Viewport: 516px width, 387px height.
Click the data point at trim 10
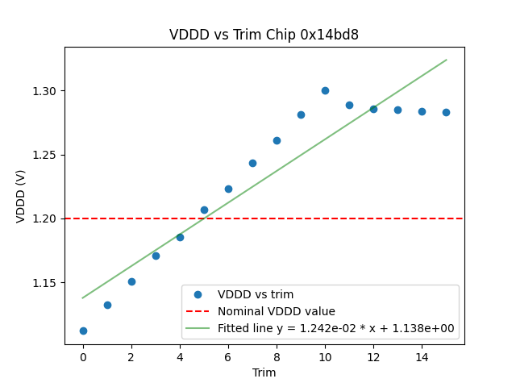325,90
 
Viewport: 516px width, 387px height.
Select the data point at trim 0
83,331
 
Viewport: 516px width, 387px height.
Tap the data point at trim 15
446,112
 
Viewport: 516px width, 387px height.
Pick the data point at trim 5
204,210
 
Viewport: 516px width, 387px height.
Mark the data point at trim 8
277,140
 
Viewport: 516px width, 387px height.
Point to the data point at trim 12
373,109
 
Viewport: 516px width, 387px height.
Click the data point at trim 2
131,281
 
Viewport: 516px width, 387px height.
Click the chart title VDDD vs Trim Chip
264,35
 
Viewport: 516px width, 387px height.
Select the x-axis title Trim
264,372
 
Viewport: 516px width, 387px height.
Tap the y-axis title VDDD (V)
21,196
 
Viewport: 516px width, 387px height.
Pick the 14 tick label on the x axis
422,356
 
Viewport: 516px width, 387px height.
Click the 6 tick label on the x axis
228,356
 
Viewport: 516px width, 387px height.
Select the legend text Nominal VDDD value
277,311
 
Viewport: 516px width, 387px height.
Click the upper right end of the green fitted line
446,60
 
